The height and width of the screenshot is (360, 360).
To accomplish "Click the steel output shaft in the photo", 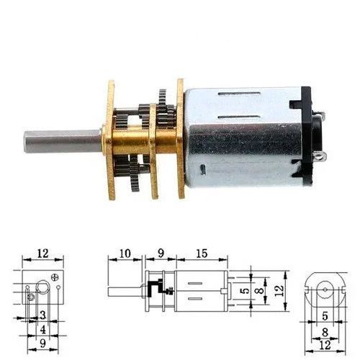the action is pos(63,141).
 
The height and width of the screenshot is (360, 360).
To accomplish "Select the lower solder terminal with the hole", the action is pos(319,157).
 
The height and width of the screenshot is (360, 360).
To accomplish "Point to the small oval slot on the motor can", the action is pos(203,169).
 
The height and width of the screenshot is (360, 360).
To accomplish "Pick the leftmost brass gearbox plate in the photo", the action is pos(110,140).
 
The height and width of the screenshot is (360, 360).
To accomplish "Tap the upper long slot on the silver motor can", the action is pos(240,94).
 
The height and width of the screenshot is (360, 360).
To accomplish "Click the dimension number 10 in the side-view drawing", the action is pos(125,253).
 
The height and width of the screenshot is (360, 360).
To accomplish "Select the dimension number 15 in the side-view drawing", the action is pos(202,253).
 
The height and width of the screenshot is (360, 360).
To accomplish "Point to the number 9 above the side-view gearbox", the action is pos(161,253).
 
